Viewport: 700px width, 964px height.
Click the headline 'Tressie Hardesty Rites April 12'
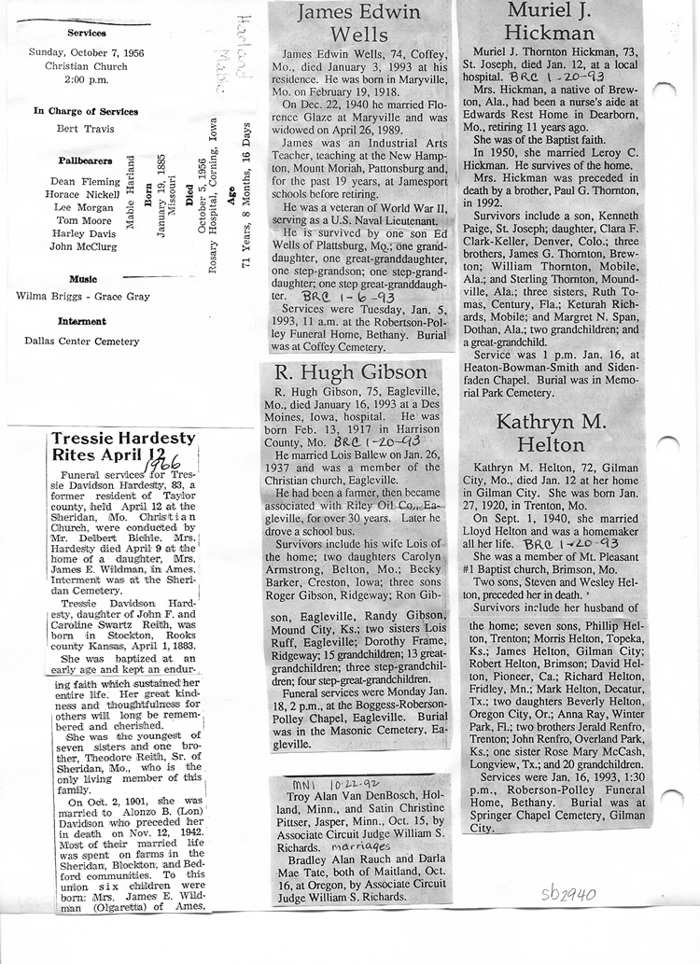(122, 447)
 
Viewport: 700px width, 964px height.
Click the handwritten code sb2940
(569, 895)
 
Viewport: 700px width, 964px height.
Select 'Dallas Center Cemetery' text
(82, 341)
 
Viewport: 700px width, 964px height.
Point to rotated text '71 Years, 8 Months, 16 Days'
(246, 195)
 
